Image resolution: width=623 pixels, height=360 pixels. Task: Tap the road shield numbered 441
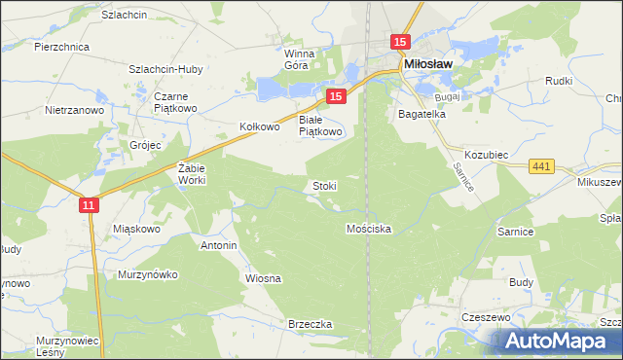click(x=542, y=167)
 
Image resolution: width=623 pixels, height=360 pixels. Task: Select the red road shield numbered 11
click(x=89, y=204)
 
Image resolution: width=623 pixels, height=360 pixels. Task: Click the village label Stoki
click(x=324, y=185)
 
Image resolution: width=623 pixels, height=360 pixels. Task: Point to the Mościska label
click(x=369, y=229)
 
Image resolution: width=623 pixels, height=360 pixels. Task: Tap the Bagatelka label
click(x=421, y=114)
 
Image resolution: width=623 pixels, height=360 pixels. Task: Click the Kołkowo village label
click(x=260, y=126)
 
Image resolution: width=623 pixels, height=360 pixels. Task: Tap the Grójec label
click(x=144, y=146)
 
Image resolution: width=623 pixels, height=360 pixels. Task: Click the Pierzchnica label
click(x=61, y=46)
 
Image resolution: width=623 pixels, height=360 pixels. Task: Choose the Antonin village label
click(x=218, y=245)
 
